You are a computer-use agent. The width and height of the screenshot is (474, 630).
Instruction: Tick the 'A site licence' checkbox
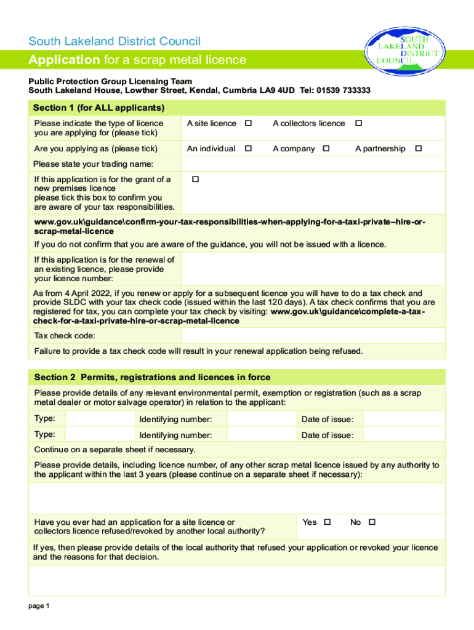249,124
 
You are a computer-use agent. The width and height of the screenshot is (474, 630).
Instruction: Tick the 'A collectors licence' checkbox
358,124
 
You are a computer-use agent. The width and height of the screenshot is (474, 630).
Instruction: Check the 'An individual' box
249,149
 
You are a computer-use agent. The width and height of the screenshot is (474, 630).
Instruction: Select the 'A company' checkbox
326,149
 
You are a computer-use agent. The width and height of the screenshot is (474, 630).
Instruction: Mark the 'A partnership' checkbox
419,149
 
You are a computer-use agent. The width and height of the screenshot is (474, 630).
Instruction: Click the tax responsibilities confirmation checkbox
195,180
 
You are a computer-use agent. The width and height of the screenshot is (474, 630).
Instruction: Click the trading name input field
313,164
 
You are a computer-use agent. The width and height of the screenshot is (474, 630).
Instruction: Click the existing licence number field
313,269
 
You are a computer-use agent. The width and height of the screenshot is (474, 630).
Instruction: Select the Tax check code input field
313,336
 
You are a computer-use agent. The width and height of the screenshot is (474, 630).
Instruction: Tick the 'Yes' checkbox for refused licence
327,522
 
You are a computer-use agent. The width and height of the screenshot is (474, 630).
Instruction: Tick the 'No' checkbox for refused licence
372,522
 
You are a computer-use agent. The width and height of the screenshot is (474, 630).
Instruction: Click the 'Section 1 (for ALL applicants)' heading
99,108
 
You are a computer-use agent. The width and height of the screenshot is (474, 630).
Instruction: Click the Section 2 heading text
152,377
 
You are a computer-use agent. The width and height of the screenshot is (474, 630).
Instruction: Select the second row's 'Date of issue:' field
403,435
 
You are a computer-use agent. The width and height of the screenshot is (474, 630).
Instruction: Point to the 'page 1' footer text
39,606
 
